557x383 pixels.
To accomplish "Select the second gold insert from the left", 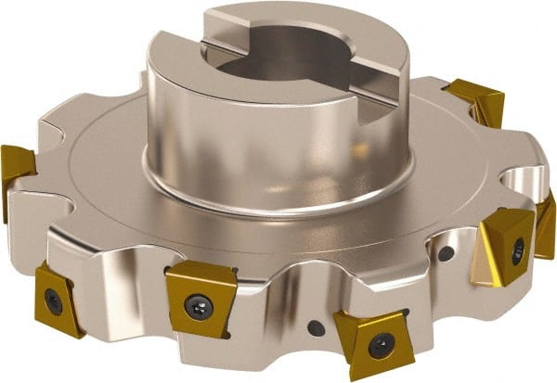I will (x=58, y=297).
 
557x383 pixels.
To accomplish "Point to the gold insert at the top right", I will (x=477, y=101).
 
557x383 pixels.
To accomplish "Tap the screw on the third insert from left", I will (x=199, y=306).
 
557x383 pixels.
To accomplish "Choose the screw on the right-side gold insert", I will (x=517, y=249).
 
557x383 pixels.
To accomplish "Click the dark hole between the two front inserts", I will (x=316, y=327).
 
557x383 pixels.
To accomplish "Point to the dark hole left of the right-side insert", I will (x=447, y=253).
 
